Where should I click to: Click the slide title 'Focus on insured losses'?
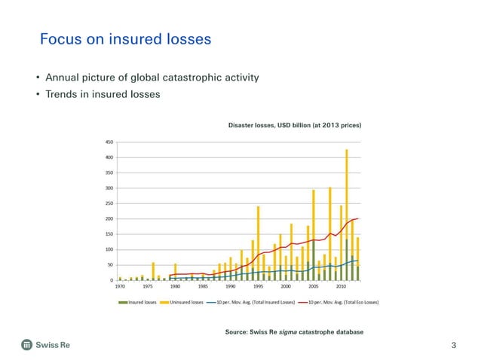click(125, 39)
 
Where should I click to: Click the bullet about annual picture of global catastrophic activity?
click(152, 78)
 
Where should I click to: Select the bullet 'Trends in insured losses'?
click(103, 94)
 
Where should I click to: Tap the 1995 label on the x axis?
click(258, 287)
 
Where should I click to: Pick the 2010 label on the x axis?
click(341, 287)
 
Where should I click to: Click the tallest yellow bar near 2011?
click(347, 196)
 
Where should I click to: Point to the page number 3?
click(453, 346)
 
